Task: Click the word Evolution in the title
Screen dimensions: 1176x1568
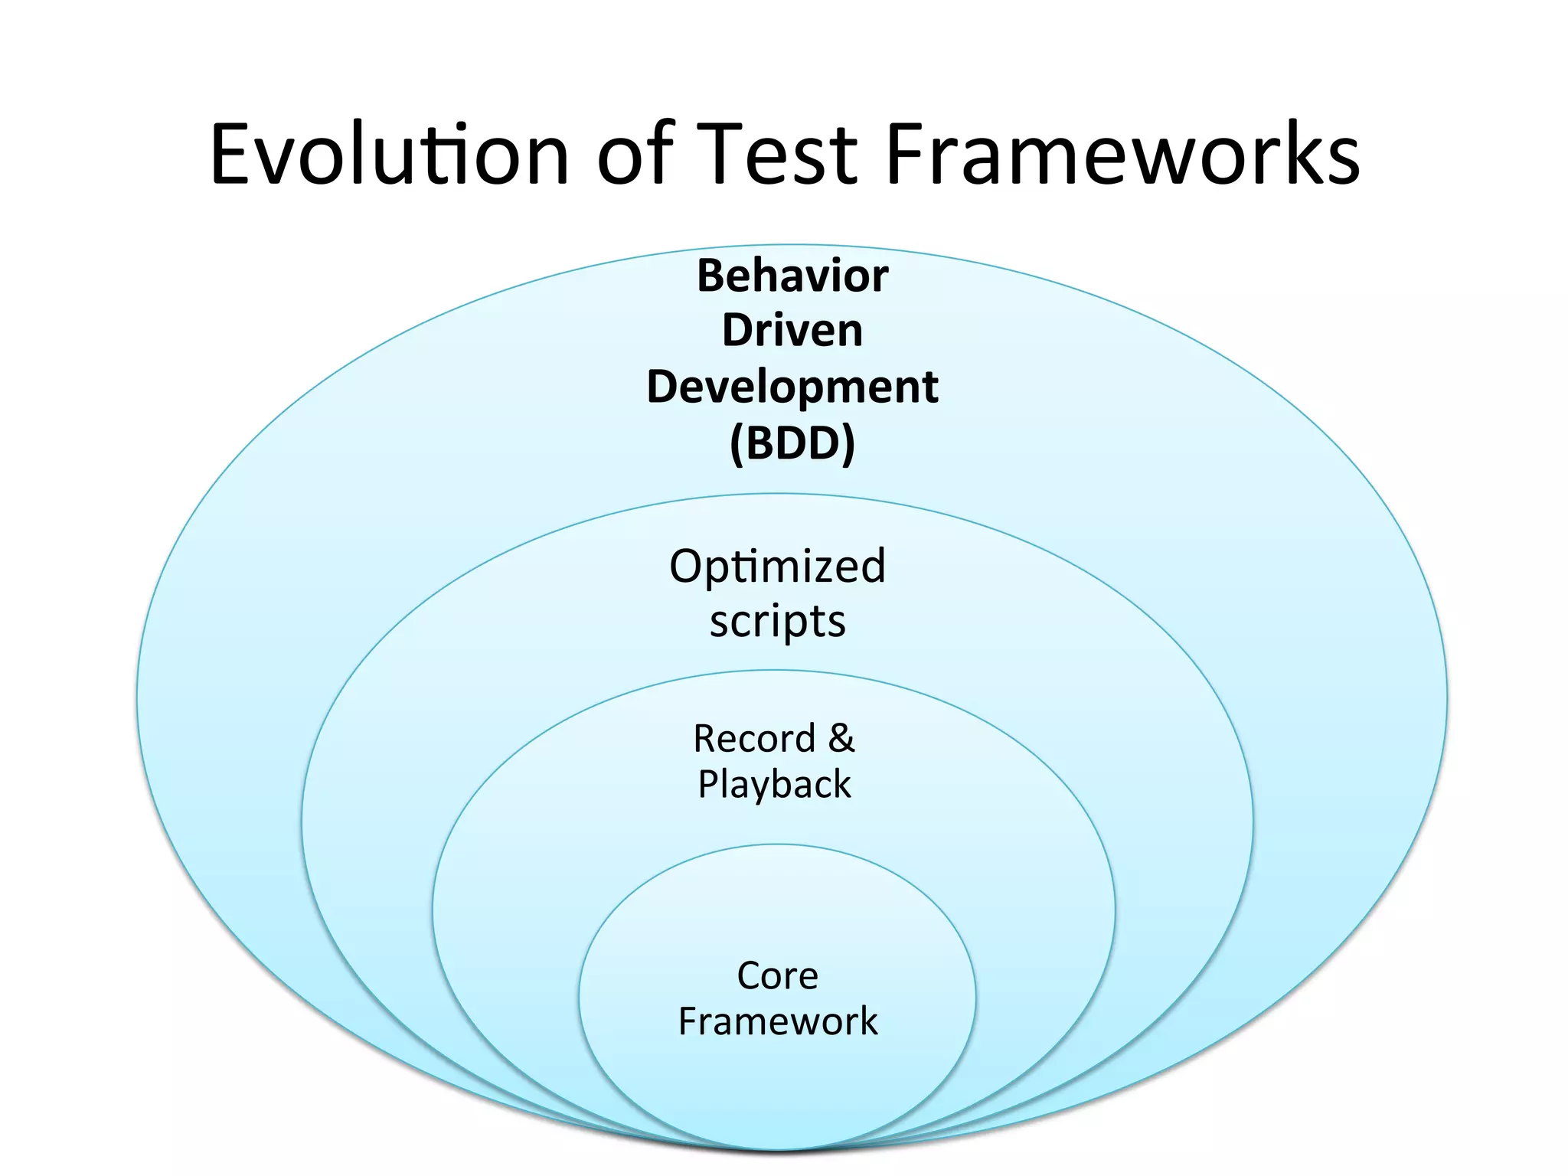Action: point(389,155)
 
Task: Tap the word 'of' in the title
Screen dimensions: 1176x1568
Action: point(635,155)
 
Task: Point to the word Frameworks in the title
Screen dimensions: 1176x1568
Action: point(1122,155)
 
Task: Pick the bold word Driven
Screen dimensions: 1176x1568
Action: point(792,331)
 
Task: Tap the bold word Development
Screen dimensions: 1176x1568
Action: point(792,387)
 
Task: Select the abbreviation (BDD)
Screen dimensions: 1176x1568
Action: point(792,443)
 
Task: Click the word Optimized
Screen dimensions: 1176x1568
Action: point(777,567)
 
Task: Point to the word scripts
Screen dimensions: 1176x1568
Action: point(777,621)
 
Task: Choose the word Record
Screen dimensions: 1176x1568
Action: point(754,739)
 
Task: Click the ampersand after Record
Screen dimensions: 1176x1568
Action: point(841,738)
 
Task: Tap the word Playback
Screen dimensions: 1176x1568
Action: point(774,785)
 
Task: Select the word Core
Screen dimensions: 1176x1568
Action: point(777,976)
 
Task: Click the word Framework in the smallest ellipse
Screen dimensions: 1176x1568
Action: point(777,1022)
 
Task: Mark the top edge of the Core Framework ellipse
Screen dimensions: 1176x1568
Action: point(777,844)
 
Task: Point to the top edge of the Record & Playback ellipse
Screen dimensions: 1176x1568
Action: point(774,670)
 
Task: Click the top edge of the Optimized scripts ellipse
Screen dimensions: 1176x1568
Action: point(777,494)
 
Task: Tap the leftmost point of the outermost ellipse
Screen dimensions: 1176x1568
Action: point(138,697)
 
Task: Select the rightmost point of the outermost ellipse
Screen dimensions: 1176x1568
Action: point(1447,697)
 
